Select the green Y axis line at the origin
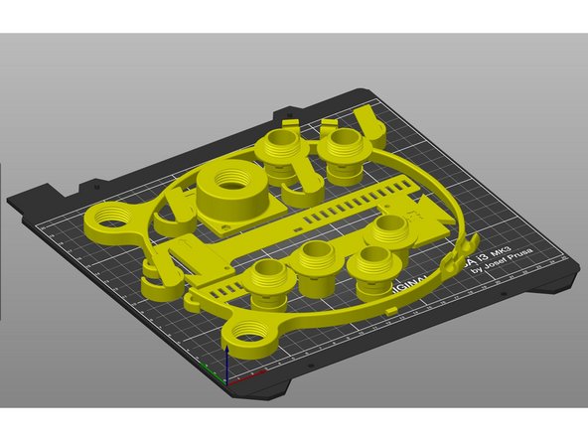pyautogui.click(x=215, y=374)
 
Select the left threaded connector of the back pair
pyautogui.click(x=278, y=149)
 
